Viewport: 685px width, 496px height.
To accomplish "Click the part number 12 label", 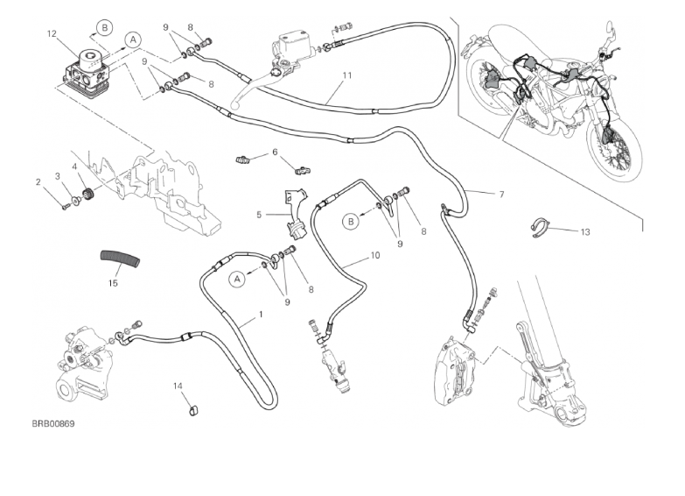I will click(52, 34).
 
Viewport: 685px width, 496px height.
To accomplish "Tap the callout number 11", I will click(347, 75).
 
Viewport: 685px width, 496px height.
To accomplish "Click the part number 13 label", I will click(584, 232).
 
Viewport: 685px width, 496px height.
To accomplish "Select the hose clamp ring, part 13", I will click(544, 230).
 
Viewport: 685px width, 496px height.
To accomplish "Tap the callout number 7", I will click(501, 194).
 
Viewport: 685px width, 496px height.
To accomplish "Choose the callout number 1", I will click(260, 314).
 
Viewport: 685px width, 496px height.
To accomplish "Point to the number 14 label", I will click(177, 386).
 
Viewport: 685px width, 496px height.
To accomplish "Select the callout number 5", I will click(259, 214).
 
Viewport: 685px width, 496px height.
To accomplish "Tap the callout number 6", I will click(275, 152).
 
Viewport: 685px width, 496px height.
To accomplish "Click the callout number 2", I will click(38, 182).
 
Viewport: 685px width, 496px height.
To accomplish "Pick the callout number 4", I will click(75, 167).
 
